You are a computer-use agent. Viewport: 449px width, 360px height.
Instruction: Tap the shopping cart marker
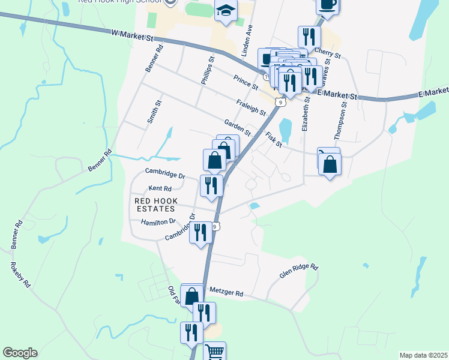click(214, 352)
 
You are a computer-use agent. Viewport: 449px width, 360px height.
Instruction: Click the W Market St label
click(133, 36)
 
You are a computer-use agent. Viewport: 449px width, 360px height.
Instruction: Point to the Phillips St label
click(207, 71)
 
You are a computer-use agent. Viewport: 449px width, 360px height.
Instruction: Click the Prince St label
click(246, 83)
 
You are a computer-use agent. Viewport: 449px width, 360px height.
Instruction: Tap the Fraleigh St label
click(251, 107)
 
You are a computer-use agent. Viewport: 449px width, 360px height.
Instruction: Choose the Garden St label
click(237, 127)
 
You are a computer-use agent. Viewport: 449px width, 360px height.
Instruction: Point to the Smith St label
click(154, 112)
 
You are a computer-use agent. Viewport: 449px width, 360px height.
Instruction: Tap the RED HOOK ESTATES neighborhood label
click(155, 205)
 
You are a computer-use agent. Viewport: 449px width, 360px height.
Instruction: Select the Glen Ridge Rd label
click(298, 272)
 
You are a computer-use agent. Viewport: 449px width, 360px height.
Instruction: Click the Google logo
click(20, 353)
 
